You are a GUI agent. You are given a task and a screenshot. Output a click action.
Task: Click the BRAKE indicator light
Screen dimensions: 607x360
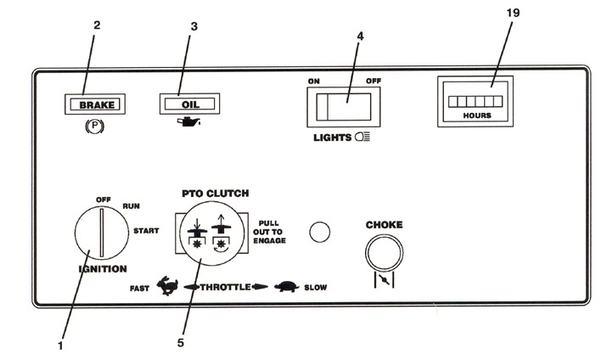(x=95, y=104)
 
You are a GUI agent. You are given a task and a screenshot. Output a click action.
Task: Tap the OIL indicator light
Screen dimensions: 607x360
(x=189, y=104)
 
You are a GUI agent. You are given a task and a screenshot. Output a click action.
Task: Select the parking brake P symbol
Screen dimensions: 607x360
(x=94, y=127)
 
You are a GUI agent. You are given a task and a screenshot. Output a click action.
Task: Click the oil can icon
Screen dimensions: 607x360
(x=188, y=121)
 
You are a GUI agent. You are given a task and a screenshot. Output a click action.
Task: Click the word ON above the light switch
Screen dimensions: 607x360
(x=314, y=82)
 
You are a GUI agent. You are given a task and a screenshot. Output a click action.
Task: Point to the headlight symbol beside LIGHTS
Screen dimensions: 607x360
(x=363, y=137)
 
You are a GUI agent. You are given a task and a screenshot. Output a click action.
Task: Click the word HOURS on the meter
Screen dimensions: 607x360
(x=477, y=115)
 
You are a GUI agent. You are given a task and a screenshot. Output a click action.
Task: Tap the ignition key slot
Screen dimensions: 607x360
(x=102, y=233)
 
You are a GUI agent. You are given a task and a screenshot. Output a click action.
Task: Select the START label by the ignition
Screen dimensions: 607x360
(x=146, y=231)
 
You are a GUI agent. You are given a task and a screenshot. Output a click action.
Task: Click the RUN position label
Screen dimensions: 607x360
(x=132, y=206)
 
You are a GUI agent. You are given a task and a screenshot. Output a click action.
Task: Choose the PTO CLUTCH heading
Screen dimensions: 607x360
(x=216, y=194)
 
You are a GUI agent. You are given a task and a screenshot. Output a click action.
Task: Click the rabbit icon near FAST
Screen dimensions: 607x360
(x=167, y=286)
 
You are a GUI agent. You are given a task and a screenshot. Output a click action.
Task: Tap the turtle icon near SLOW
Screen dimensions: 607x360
(x=286, y=287)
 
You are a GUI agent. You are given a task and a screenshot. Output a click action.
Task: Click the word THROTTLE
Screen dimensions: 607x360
(x=225, y=287)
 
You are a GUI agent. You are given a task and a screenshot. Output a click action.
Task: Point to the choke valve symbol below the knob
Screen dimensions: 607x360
(x=384, y=279)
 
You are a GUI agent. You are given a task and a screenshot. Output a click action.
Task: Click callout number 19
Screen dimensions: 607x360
(x=513, y=13)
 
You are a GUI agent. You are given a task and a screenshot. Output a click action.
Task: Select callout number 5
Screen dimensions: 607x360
(x=181, y=343)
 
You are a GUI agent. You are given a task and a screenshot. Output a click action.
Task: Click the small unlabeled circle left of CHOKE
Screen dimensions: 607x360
(x=320, y=233)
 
